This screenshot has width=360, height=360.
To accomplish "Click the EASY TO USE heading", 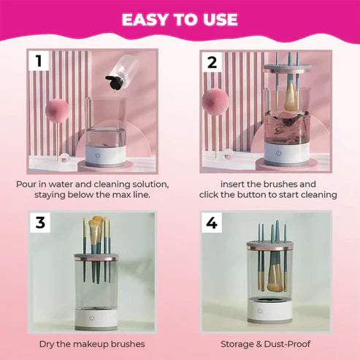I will point(180,19).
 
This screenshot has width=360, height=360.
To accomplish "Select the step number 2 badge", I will point(212,62).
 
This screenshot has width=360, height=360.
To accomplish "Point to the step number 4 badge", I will point(212,223).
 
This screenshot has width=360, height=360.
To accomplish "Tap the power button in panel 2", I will point(278,153).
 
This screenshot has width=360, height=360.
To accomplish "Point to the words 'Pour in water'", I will point(49,183).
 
